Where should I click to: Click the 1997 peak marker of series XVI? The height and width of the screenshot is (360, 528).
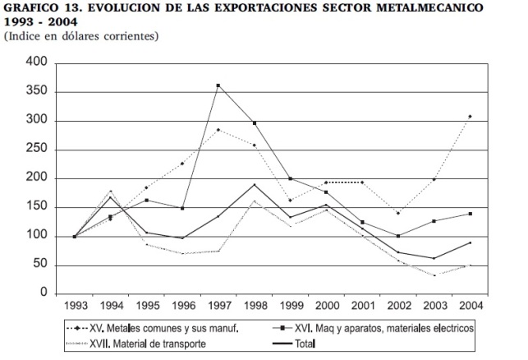[218, 85]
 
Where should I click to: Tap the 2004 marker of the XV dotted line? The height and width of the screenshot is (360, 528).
[470, 117]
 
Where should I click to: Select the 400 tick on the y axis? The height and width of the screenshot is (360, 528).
[38, 63]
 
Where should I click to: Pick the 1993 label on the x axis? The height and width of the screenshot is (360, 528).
[75, 306]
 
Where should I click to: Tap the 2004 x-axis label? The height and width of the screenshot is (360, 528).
[470, 306]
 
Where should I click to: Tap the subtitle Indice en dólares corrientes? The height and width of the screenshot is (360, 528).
[81, 37]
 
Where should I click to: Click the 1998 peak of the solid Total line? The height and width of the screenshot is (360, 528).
[254, 185]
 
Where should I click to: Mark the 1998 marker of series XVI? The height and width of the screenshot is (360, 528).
[254, 123]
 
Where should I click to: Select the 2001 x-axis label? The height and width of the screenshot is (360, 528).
[361, 306]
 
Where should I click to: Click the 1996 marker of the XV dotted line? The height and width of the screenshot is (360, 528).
[182, 164]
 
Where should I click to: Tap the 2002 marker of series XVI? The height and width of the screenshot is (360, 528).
[397, 236]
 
